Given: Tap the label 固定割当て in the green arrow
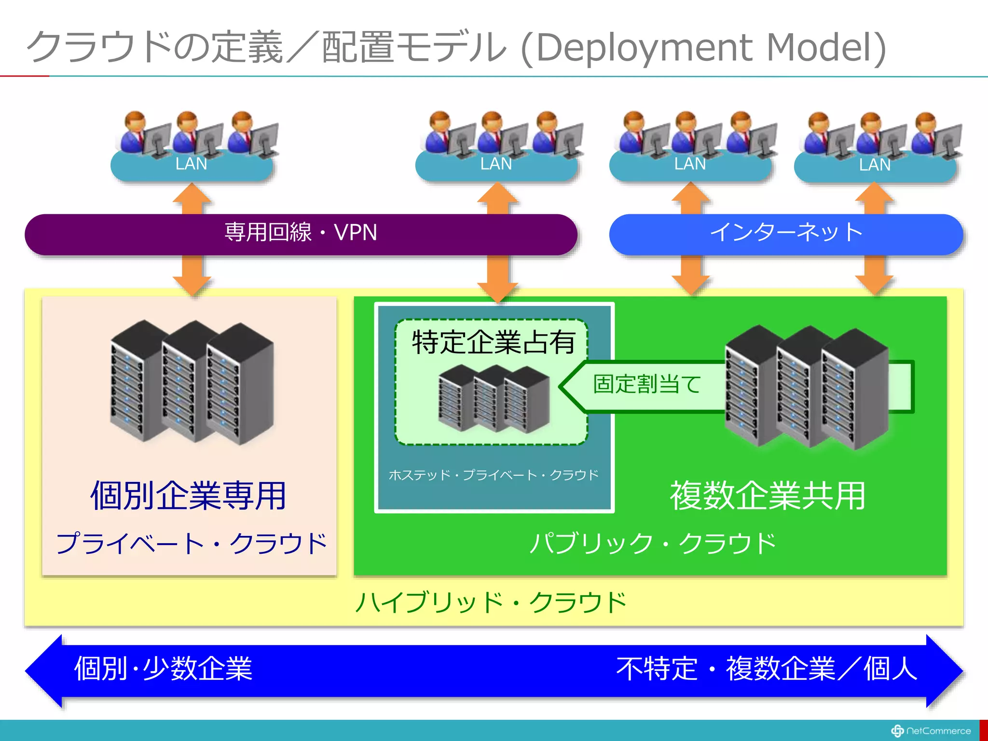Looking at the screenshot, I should click(646, 384).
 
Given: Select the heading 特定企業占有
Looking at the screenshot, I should click(493, 343).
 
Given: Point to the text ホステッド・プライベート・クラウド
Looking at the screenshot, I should click(493, 475).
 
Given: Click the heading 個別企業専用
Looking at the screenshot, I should click(189, 496).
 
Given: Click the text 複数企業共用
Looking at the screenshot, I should click(768, 496).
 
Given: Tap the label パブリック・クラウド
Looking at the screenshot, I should click(652, 544).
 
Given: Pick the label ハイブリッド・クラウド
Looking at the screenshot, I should click(491, 603).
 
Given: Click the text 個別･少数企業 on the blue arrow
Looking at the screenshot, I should click(163, 669).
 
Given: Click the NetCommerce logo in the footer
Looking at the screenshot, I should click(931, 731).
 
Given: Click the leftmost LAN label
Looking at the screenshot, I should click(191, 164).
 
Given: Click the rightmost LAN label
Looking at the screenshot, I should click(875, 165).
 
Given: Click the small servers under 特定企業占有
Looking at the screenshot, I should click(494, 399).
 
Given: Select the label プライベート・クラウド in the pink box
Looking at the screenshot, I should click(191, 544).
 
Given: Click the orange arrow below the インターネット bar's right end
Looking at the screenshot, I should click(874, 274).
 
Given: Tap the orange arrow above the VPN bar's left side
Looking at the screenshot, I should click(192, 199).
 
